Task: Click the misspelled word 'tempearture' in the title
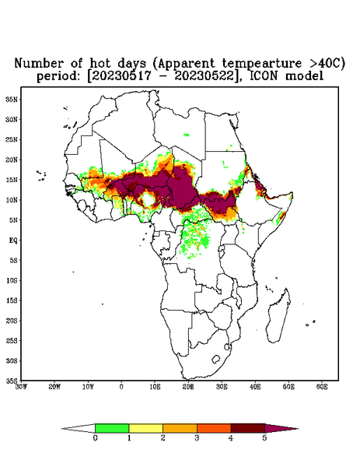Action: [x=262, y=64]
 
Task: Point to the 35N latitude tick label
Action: [x=12, y=99]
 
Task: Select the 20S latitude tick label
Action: [x=12, y=321]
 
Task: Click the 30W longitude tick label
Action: [x=21, y=387]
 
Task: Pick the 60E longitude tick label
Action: [x=322, y=387]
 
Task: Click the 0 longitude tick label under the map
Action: [x=121, y=387]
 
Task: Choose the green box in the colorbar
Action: [x=112, y=428]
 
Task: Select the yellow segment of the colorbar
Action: [x=145, y=428]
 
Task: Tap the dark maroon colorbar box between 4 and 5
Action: [x=248, y=428]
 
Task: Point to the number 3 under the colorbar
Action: [x=197, y=438]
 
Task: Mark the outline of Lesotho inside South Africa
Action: [x=215, y=359]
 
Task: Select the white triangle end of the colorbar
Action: [x=79, y=428]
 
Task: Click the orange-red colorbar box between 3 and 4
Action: [x=214, y=428]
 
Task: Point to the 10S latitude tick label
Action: [x=12, y=280]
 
